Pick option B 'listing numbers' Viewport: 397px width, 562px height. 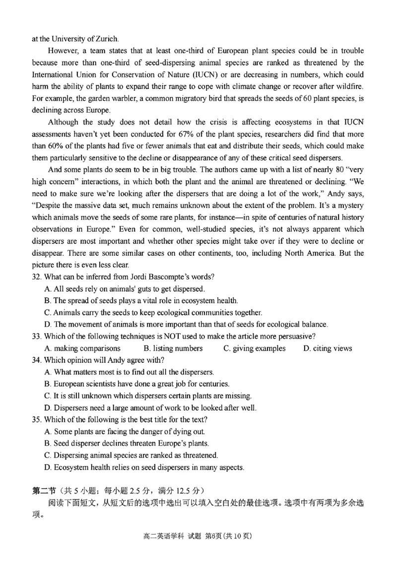(173, 348)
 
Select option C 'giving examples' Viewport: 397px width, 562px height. (254, 348)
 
